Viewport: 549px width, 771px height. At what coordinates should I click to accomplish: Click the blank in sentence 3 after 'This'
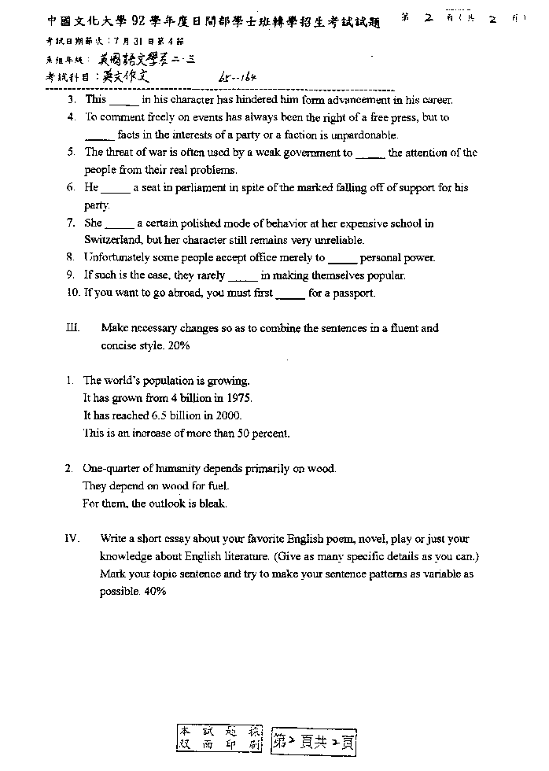point(124,101)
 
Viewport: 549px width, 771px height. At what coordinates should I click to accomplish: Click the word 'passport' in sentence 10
point(355,293)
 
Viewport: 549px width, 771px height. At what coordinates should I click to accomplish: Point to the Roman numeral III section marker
point(72,328)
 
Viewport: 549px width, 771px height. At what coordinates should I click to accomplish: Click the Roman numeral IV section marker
point(72,539)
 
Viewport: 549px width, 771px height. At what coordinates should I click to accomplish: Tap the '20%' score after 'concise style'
point(178,345)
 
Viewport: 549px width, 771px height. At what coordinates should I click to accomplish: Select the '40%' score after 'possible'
point(154,592)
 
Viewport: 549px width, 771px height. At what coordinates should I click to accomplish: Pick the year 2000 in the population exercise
point(229,415)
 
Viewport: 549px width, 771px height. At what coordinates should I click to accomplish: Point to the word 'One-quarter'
point(110,469)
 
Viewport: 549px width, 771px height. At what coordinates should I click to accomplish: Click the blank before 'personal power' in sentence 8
point(342,259)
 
